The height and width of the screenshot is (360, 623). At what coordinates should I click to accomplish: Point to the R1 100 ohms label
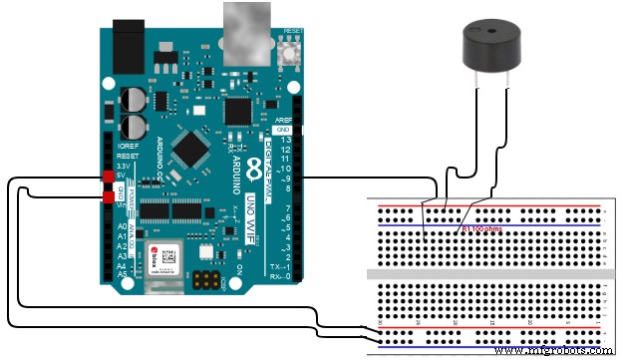(x=484, y=228)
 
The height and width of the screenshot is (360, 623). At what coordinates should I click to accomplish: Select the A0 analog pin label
(x=121, y=227)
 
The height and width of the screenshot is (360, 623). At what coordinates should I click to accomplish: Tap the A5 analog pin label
(x=121, y=273)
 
